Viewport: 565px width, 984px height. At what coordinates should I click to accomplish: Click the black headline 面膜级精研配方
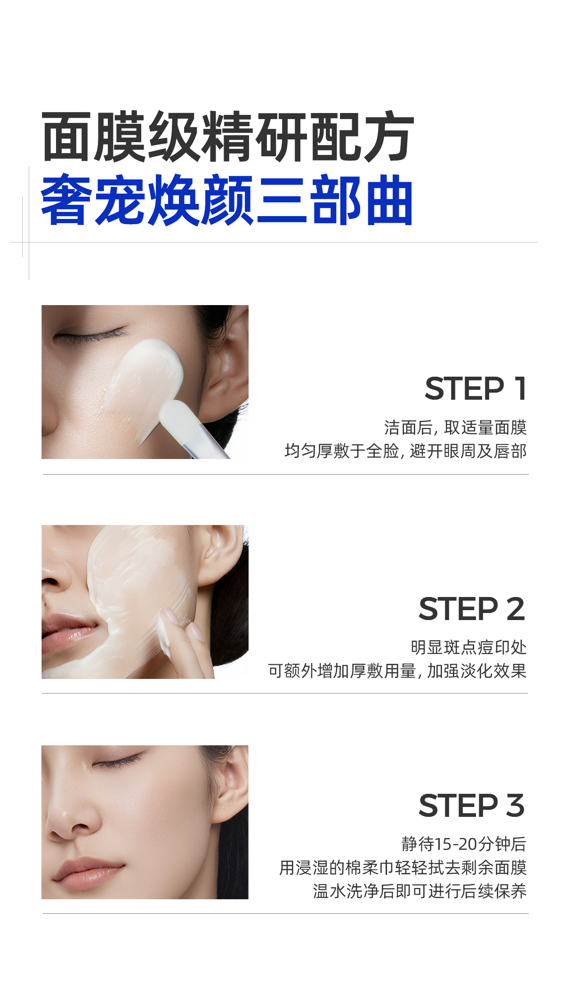click(x=228, y=137)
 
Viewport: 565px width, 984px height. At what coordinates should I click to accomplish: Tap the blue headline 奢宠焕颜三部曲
click(x=227, y=200)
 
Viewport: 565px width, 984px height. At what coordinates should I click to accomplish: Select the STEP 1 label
click(x=476, y=389)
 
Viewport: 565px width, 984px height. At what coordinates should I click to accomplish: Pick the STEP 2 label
click(x=472, y=609)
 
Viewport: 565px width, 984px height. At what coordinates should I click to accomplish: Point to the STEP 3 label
click(x=472, y=806)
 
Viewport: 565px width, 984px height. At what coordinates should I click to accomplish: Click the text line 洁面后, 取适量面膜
click(x=455, y=427)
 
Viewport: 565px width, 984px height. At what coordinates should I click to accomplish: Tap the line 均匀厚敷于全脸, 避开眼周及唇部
click(x=405, y=451)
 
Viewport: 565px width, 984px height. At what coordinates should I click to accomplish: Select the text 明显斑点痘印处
click(x=468, y=647)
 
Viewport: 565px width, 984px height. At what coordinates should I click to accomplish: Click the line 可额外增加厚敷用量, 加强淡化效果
click(x=397, y=671)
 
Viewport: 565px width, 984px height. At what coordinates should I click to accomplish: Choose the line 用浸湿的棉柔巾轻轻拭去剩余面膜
click(x=403, y=867)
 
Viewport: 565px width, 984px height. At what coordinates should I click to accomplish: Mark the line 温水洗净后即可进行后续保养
click(x=420, y=891)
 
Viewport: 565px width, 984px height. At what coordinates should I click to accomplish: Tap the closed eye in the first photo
click(x=89, y=336)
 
